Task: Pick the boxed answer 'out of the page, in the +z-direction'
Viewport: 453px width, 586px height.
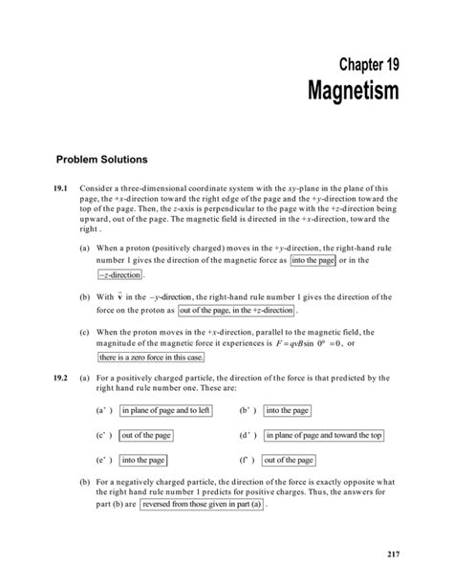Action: pyautogui.click(x=238, y=311)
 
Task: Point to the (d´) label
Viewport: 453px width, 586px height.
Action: pyautogui.click(x=248, y=435)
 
